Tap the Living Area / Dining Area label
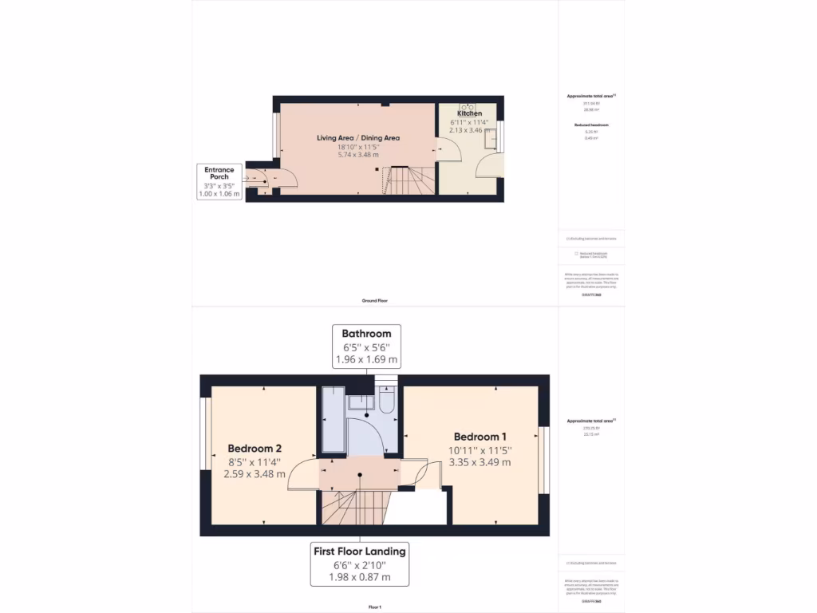point(357,138)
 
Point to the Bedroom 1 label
point(480,437)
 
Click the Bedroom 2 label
point(254,448)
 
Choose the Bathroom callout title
point(366,334)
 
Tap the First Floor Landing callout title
point(359,551)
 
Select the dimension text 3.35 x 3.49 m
point(480,462)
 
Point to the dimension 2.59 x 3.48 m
point(254,474)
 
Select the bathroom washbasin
point(361,401)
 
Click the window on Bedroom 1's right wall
point(543,459)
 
